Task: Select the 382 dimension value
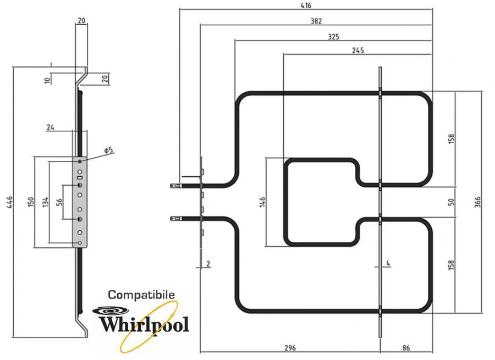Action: [x=316, y=21]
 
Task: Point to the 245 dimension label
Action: [x=358, y=50]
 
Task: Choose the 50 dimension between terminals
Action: [x=451, y=202]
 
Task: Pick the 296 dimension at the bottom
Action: [x=290, y=348]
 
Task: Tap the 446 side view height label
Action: [x=7, y=202]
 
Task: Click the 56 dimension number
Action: [x=59, y=202]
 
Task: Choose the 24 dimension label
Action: [x=51, y=127]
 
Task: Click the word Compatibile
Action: [x=141, y=295]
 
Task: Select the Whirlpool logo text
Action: [x=144, y=322]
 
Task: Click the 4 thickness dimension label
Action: [x=388, y=264]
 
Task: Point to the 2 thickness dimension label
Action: [x=208, y=264]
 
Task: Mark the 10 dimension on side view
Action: [x=48, y=80]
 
